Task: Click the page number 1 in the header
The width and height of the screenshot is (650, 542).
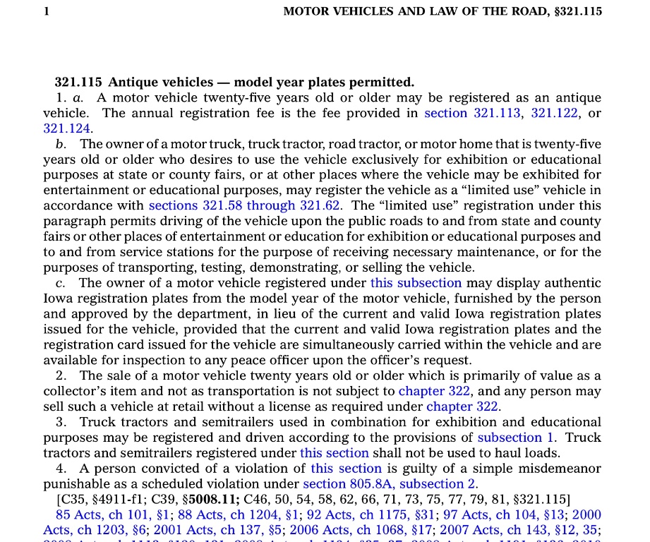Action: click(x=46, y=11)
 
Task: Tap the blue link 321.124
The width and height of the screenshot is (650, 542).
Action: click(x=67, y=128)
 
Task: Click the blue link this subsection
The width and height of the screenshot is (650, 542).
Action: click(x=416, y=283)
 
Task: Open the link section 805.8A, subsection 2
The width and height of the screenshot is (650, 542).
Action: click(x=390, y=484)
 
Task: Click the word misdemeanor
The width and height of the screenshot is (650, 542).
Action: click(x=558, y=469)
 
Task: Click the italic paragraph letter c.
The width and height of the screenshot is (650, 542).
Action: click(x=61, y=283)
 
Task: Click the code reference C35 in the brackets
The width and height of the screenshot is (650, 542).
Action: click(x=70, y=500)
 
